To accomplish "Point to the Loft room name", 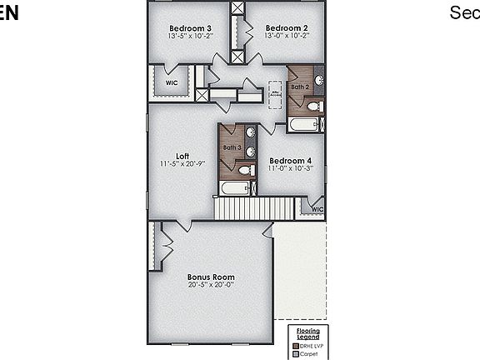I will (182, 156).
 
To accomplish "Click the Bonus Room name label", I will (211, 277).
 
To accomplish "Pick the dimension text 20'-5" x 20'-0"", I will (211, 285).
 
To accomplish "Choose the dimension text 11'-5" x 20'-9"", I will (182, 164).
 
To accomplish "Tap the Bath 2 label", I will (300, 87).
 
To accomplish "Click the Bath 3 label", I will (232, 147).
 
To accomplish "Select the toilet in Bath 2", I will (313, 107).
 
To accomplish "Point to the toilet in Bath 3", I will (246, 170).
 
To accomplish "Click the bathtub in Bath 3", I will (235, 188).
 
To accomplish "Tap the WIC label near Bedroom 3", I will (172, 83).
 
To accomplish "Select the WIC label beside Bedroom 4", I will (317, 209).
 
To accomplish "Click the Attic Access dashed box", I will (275, 95).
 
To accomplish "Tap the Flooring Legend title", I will (308, 334).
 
